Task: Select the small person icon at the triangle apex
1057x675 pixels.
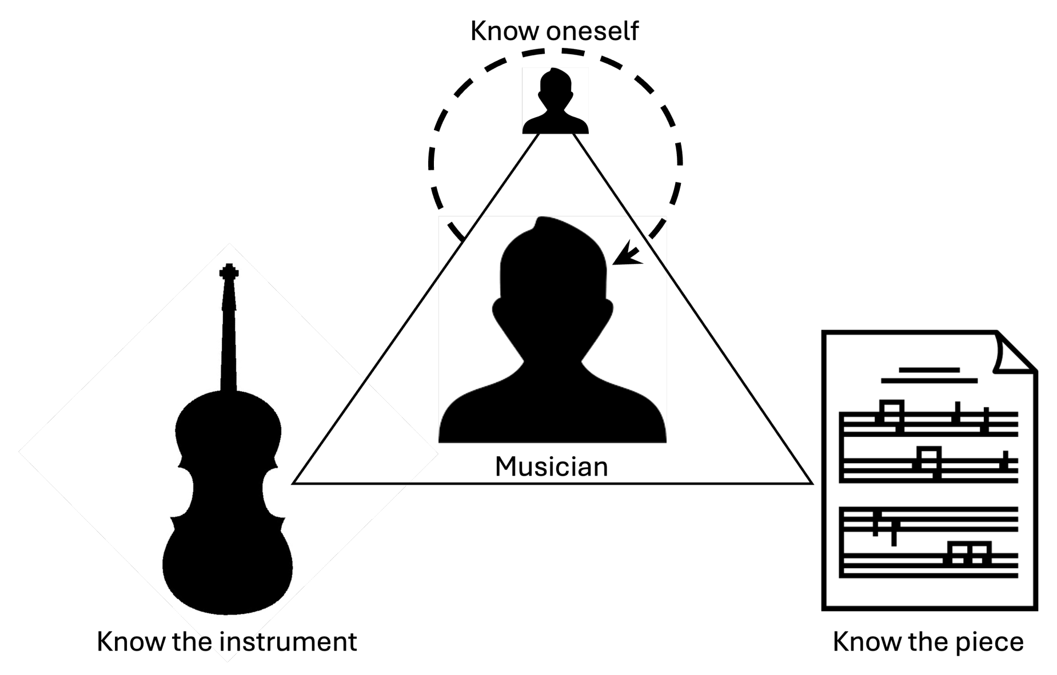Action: point(555,102)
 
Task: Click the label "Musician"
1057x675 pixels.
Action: point(551,467)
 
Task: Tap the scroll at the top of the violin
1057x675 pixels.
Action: point(229,272)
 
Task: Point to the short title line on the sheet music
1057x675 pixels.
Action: point(929,369)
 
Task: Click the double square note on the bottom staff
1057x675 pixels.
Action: point(968,553)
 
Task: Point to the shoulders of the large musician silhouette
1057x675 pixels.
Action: point(552,405)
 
